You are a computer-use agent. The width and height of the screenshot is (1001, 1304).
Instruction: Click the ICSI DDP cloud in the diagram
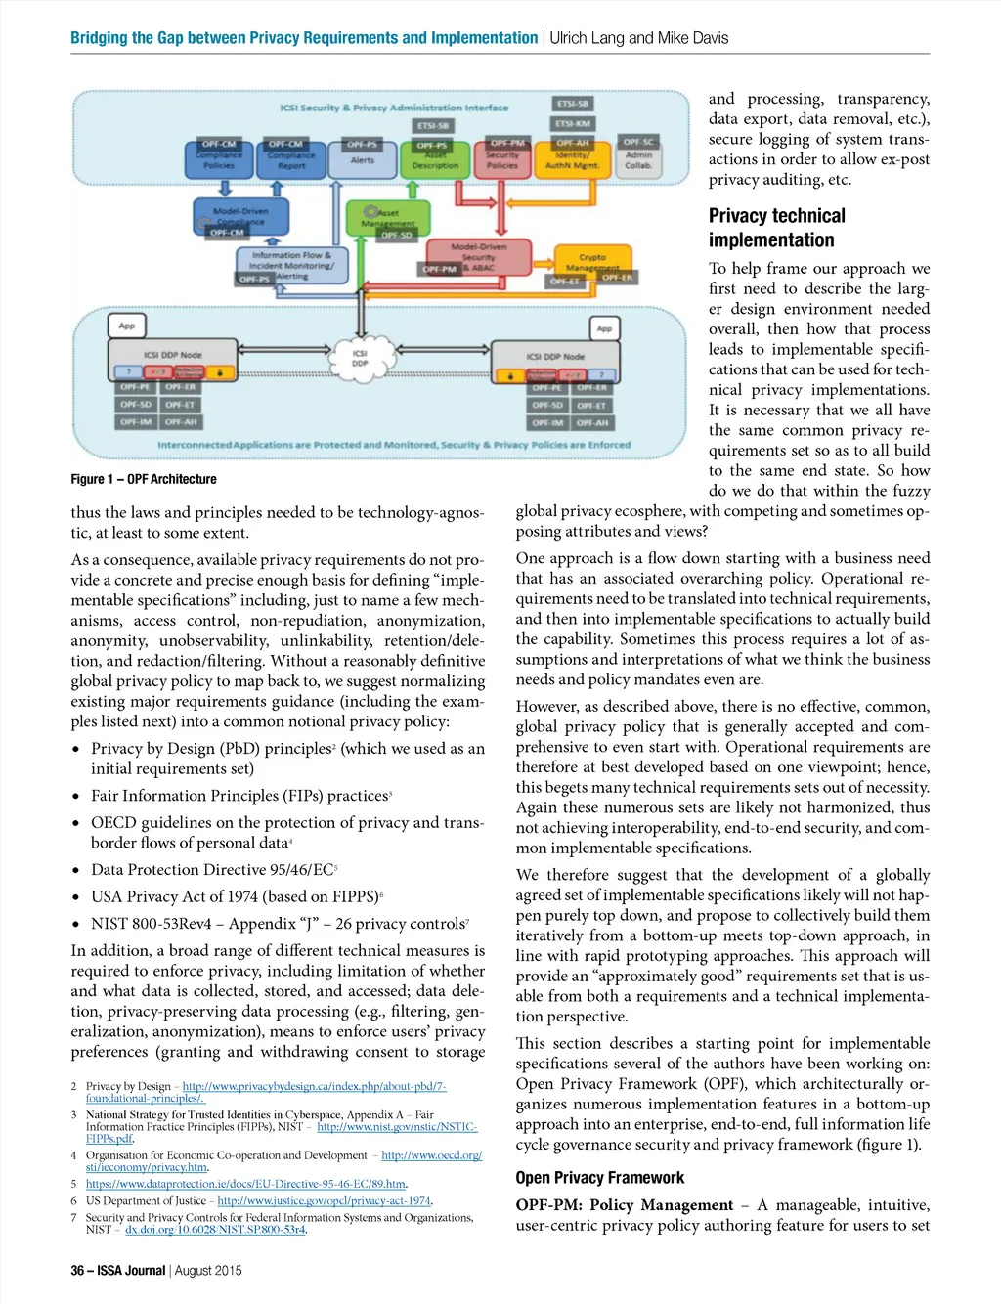(360, 358)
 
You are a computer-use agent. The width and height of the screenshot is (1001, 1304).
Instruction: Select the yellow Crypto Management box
(591, 262)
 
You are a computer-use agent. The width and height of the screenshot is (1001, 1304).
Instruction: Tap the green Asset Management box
(388, 219)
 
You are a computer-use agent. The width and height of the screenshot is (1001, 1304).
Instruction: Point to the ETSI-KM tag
(573, 124)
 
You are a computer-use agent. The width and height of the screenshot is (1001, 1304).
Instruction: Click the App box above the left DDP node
(127, 326)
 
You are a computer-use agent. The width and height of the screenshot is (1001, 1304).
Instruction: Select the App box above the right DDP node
(604, 328)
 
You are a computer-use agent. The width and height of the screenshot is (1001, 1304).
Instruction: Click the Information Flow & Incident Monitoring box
(291, 264)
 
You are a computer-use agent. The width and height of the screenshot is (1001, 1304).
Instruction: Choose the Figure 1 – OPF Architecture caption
(144, 479)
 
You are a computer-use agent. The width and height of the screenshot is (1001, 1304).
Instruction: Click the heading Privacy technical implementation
(776, 228)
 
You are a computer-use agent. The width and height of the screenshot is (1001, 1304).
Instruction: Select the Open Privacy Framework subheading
(599, 1178)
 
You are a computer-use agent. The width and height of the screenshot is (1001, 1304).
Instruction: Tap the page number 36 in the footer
(77, 1271)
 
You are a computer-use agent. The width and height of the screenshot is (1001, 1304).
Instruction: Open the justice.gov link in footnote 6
(324, 1200)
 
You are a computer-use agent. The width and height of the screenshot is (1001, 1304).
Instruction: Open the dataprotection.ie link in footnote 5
(245, 1184)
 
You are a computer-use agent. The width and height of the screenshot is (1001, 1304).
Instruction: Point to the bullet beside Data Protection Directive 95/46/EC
(76, 870)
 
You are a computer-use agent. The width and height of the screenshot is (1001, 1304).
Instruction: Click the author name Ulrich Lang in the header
(587, 38)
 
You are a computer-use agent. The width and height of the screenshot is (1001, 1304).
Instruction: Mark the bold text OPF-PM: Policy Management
(624, 1205)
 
